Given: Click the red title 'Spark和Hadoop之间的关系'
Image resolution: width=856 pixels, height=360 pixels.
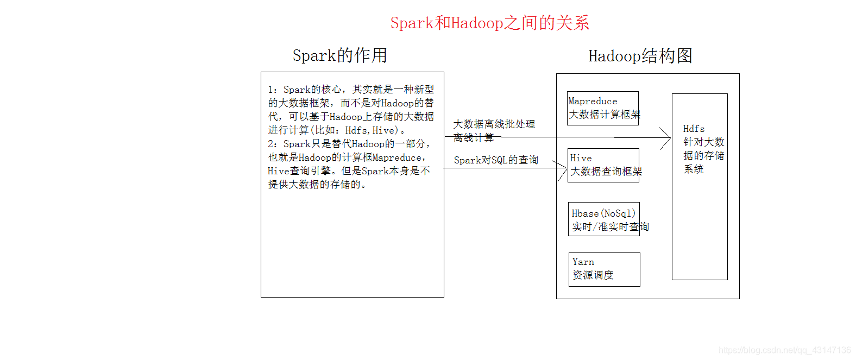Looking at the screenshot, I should pyautogui.click(x=489, y=23).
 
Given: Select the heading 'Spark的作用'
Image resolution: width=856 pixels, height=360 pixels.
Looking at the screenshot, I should pyautogui.click(x=339, y=55).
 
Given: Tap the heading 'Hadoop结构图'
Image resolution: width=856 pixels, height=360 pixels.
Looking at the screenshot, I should pyautogui.click(x=640, y=56).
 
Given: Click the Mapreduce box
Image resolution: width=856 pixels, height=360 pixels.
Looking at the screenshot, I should pyautogui.click(x=602, y=108).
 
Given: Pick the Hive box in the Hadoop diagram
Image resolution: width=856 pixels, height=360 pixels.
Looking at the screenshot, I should pyautogui.click(x=603, y=165).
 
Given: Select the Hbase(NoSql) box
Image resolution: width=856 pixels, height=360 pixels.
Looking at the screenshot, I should pyautogui.click(x=603, y=219).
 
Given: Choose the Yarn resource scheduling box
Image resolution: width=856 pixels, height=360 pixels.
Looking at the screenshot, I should pyautogui.click(x=604, y=269).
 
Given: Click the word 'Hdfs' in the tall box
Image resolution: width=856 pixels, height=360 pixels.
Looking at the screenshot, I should pyautogui.click(x=694, y=129).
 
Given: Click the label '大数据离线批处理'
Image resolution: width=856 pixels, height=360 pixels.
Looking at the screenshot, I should pyautogui.click(x=494, y=124).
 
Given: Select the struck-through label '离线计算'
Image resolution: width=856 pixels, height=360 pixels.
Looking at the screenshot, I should pyautogui.click(x=474, y=138).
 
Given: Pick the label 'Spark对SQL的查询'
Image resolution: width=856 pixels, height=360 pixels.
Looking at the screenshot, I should pyautogui.click(x=496, y=160).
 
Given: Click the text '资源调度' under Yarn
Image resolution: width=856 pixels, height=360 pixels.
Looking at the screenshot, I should pyautogui.click(x=593, y=275).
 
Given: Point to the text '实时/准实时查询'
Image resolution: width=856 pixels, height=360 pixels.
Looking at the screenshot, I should pyautogui.click(x=610, y=227).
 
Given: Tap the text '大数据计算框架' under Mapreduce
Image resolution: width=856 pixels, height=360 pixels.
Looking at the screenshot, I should pyautogui.click(x=605, y=115).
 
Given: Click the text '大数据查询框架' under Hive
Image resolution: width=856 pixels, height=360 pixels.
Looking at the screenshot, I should pyautogui.click(x=606, y=172).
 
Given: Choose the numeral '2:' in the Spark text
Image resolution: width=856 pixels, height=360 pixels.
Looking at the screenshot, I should pyautogui.click(x=273, y=144).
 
